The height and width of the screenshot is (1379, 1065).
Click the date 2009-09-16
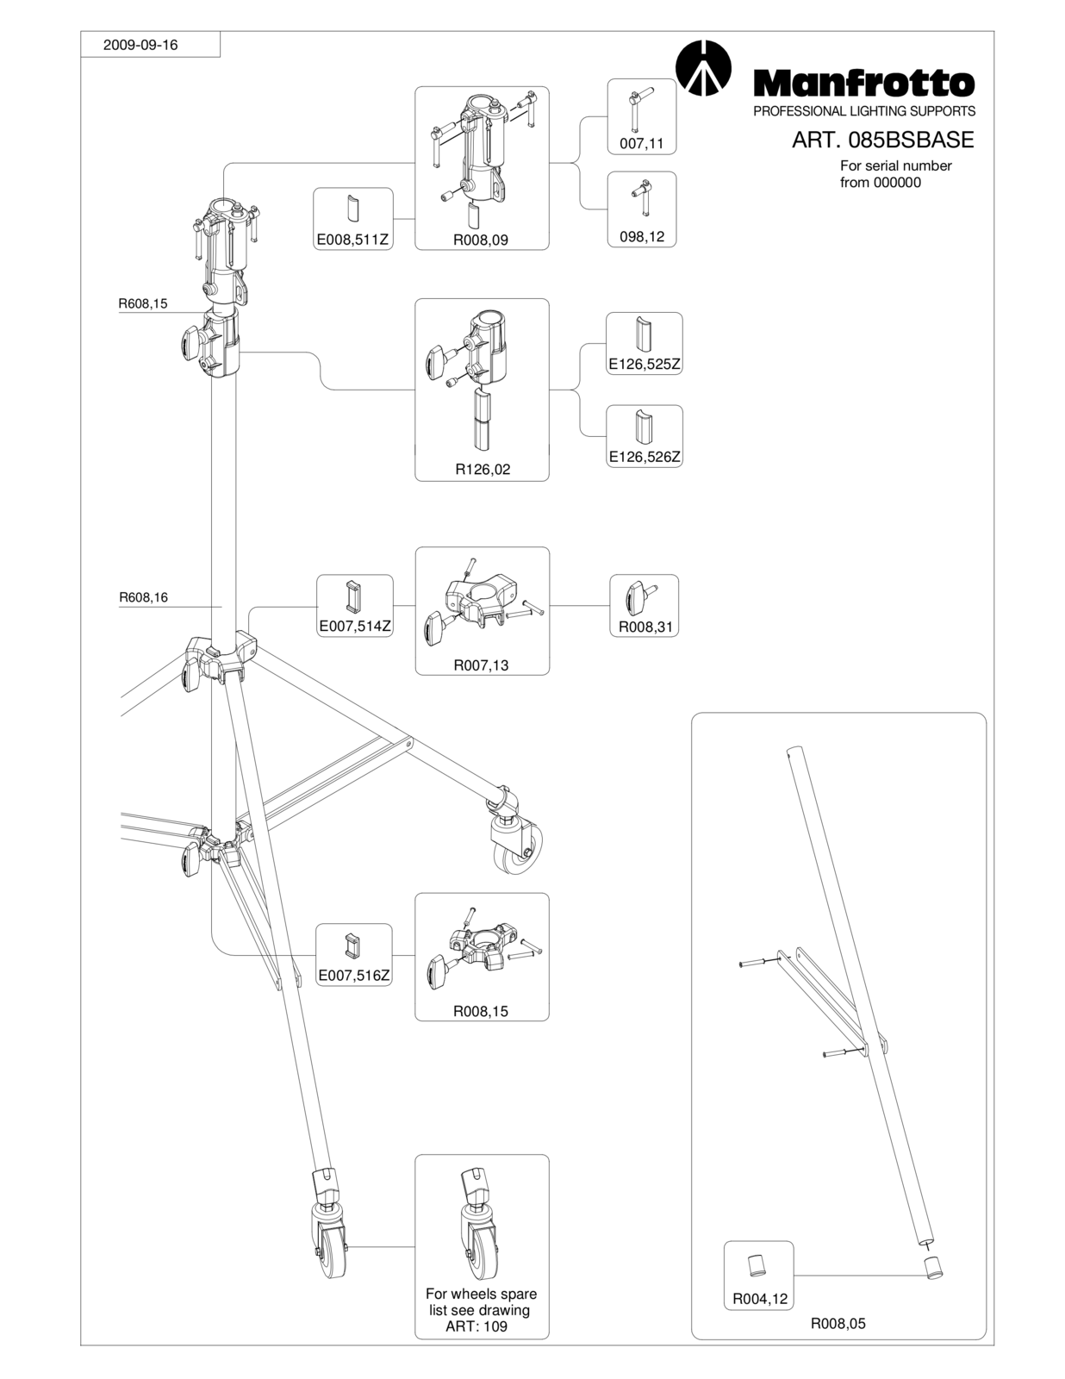[x=140, y=45]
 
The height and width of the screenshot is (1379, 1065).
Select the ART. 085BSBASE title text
[x=882, y=140]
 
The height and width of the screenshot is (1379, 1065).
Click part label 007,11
[x=641, y=143]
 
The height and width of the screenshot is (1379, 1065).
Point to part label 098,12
[x=642, y=237]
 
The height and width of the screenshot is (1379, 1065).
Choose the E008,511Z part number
[x=352, y=240]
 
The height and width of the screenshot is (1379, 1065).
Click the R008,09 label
[x=481, y=240]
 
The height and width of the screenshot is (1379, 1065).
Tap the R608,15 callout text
[x=143, y=303]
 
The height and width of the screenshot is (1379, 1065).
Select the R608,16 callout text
[x=143, y=597]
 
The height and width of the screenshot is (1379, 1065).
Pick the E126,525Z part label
[x=645, y=365]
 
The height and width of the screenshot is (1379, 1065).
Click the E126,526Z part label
[x=645, y=457]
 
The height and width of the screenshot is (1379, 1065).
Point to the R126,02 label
[x=483, y=470]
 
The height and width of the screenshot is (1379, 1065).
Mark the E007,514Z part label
[x=355, y=627]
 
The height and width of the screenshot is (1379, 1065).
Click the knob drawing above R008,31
[x=641, y=596]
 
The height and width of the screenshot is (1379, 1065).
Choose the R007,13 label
[x=481, y=665]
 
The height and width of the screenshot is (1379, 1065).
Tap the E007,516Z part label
[x=354, y=976]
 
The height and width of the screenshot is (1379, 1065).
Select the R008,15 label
[x=481, y=1011]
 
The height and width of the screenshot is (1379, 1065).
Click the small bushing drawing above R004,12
[x=757, y=1264]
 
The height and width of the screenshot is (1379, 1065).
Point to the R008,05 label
[x=838, y=1323]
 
